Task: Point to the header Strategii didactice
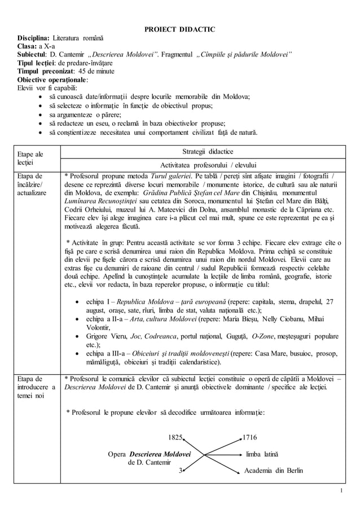pyautogui.click(x=208, y=152)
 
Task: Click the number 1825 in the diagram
pyautogui.click(x=175, y=437)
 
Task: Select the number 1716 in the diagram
pyautogui.click(x=249, y=437)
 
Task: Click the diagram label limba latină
pyautogui.click(x=262, y=454)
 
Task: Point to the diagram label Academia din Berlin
pyautogui.click(x=273, y=471)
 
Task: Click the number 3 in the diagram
pyautogui.click(x=180, y=471)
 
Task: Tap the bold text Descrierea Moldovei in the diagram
pyautogui.click(x=160, y=454)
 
